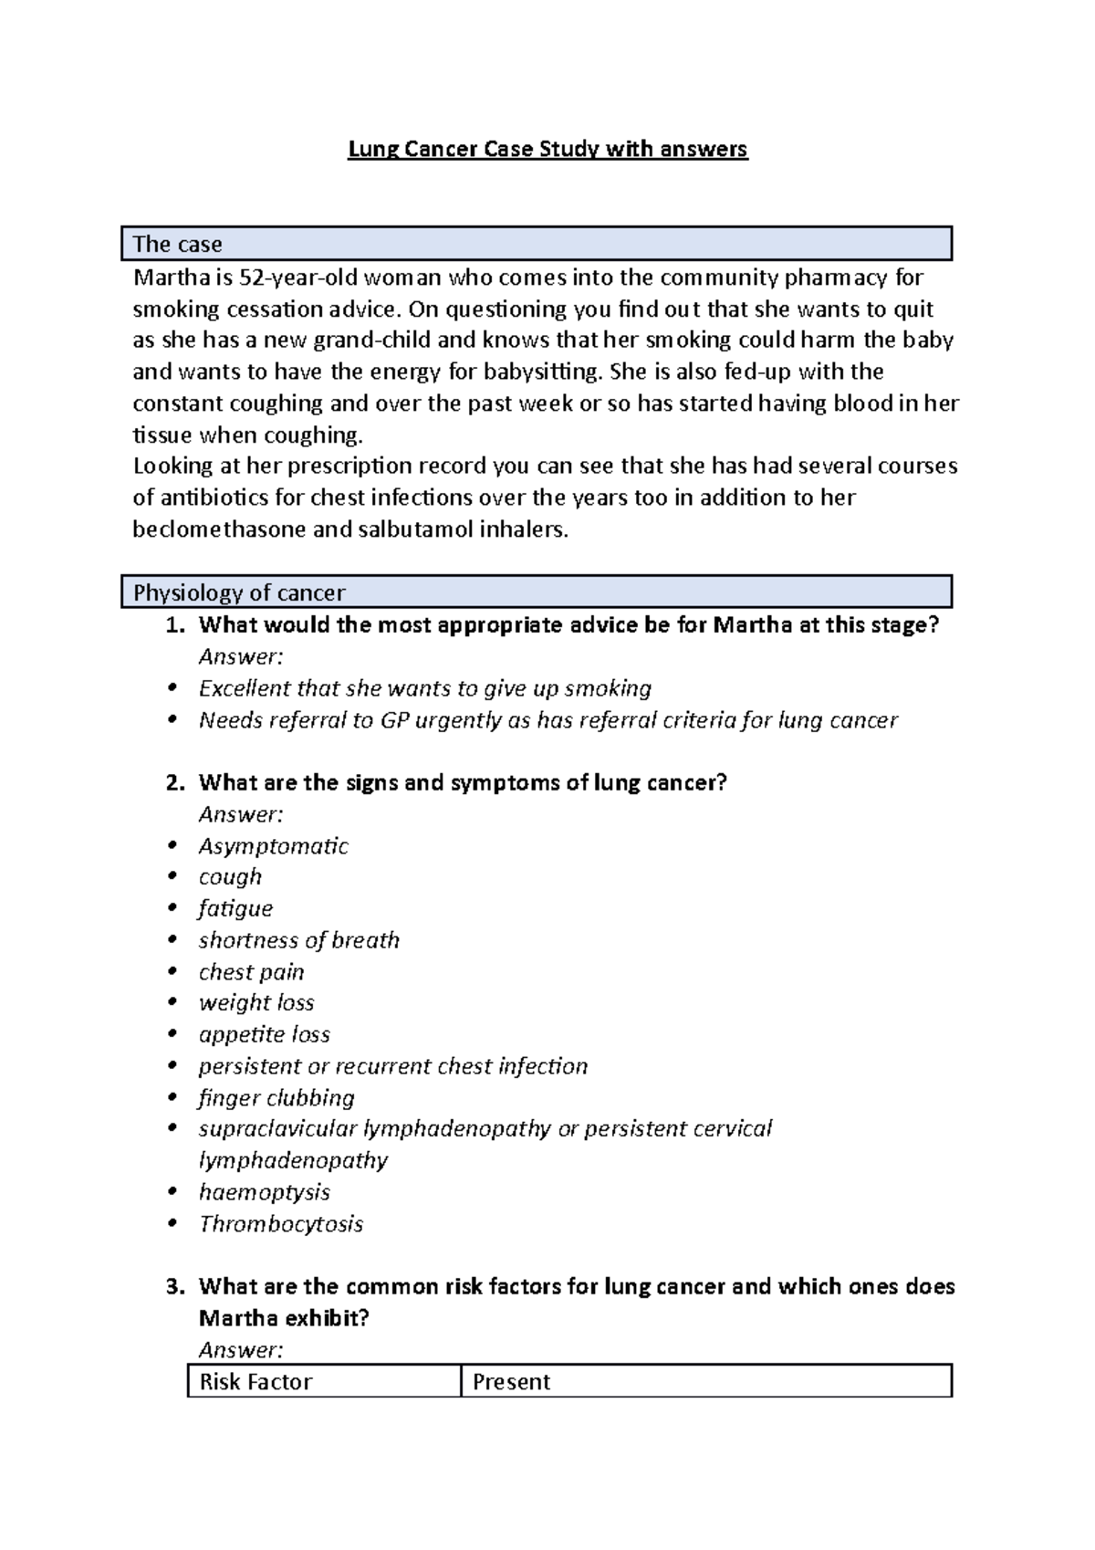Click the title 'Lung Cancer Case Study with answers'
tap(547, 149)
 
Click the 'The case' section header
tap(178, 245)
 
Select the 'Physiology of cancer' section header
tap(239, 593)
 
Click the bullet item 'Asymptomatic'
tap(273, 846)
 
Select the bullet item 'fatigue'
tap(235, 909)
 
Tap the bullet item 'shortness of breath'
tap(298, 940)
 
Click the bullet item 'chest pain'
tap(251, 972)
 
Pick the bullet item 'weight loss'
tap(256, 1003)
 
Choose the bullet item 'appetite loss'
tap(264, 1034)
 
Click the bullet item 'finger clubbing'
tap(276, 1097)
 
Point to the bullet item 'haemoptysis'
tap(264, 1192)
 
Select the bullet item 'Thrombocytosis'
tap(280, 1224)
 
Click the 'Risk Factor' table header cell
tap(255, 1382)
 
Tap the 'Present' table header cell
tap(511, 1382)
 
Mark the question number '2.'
tap(175, 783)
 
